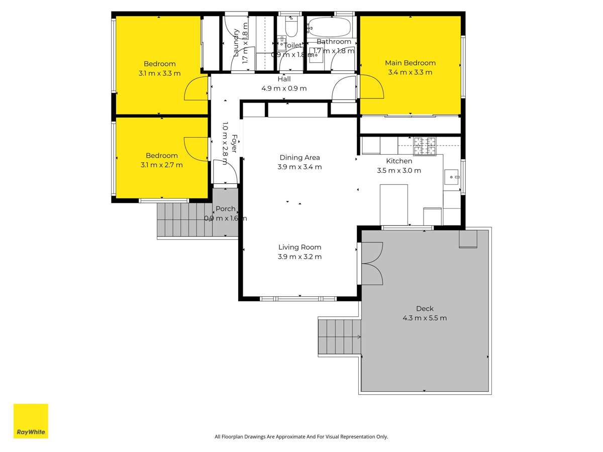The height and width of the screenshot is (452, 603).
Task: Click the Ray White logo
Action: pos(31,421)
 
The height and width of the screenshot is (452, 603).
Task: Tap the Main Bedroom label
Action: pos(410,63)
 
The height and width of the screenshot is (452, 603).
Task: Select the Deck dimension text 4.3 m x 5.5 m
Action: pos(424,318)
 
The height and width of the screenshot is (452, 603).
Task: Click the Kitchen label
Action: pos(399,161)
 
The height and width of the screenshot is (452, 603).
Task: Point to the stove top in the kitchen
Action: pos(426,146)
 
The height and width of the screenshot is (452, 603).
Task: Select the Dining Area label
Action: pos(299,158)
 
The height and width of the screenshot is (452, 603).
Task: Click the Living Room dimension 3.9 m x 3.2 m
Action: pos(299,257)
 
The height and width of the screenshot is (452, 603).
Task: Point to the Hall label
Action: pos(284,79)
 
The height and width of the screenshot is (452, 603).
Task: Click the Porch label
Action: pos(226,209)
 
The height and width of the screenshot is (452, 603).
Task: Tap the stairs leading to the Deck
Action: pos(339,336)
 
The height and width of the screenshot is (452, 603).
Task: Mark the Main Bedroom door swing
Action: pos(372,86)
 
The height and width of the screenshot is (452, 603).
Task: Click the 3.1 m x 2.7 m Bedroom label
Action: pos(161,156)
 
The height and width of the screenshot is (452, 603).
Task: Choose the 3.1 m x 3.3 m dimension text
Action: pos(160,73)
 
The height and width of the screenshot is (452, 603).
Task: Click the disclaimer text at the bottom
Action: pos(301,437)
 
